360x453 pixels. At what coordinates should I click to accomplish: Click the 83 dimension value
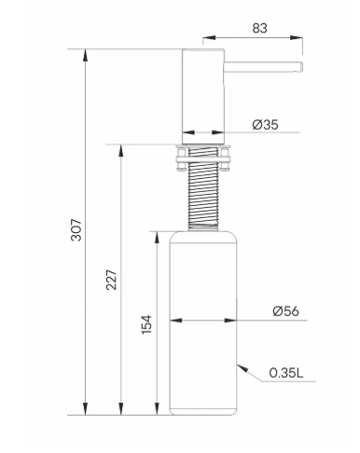(x=259, y=28)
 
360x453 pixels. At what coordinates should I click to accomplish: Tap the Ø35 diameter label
(x=265, y=125)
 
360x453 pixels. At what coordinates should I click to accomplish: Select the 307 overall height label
(x=76, y=230)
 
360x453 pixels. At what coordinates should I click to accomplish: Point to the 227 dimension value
(x=111, y=280)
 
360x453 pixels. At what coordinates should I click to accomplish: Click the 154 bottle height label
(x=146, y=324)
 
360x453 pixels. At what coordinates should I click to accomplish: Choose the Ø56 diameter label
(x=285, y=310)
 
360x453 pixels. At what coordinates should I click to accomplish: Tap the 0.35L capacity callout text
(x=285, y=373)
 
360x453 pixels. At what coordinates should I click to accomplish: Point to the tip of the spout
(x=301, y=67)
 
